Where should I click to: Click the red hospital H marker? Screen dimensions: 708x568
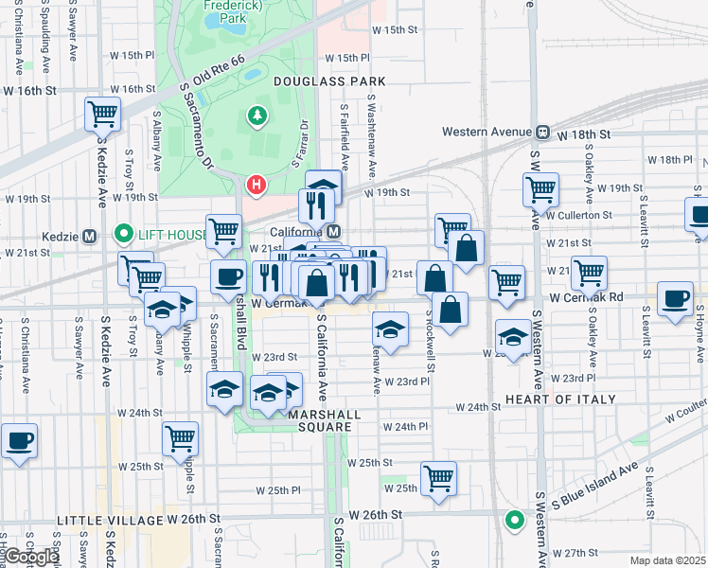click(255, 184)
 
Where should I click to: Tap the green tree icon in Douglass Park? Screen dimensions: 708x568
click(257, 116)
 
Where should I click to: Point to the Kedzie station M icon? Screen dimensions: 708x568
click(90, 235)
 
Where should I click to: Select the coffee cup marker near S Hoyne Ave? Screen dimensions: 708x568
click(676, 300)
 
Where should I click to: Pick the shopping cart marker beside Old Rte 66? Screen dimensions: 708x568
click(102, 115)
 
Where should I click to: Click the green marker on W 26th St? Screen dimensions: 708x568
click(514, 519)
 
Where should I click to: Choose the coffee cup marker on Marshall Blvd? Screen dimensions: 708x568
click(228, 277)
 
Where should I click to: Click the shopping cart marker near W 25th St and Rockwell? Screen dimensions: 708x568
click(439, 479)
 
